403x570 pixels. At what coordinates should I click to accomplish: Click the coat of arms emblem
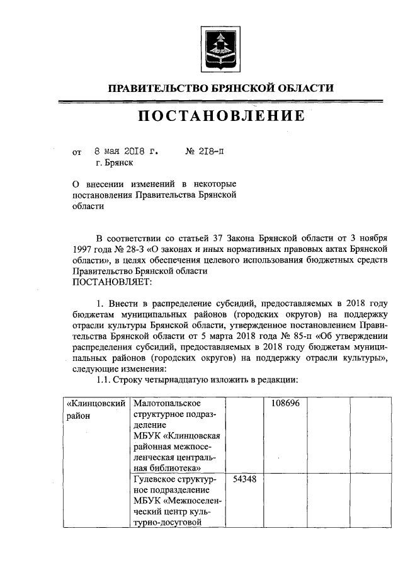pos(219,48)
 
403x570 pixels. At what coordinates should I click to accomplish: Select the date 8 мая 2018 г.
pos(126,152)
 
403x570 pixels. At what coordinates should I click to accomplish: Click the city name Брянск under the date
pos(119,162)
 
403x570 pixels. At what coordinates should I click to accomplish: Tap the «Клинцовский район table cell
pos(96,409)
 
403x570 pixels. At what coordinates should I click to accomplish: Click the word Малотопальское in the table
pos(167,403)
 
